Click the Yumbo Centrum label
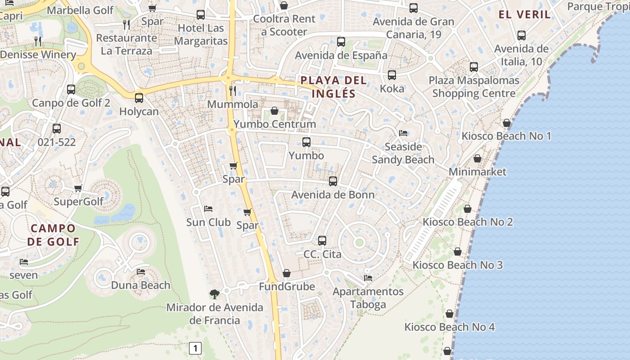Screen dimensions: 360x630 [x=274, y=124]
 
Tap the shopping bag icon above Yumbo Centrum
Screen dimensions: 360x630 [x=274, y=111]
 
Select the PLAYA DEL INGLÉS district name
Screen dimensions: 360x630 [x=333, y=87]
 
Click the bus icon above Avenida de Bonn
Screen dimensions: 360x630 [x=333, y=181]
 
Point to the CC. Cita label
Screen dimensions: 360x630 [x=322, y=254]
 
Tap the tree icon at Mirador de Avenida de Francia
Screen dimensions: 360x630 [x=215, y=294]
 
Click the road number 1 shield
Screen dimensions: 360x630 [x=195, y=348]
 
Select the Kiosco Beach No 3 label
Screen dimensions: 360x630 [x=458, y=265]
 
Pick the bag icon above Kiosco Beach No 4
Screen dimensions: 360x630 [x=450, y=314]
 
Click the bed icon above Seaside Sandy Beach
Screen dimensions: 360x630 [x=403, y=133]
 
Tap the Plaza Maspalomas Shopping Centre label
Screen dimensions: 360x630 [x=474, y=87]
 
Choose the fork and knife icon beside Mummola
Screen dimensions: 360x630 [x=233, y=90]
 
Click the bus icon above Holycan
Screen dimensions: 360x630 [x=139, y=98]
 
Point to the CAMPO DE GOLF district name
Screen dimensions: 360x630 [x=53, y=234]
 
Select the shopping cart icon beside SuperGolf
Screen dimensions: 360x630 [x=78, y=188]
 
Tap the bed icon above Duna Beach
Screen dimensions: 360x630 [x=141, y=272]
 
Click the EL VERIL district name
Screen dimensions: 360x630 [x=524, y=14]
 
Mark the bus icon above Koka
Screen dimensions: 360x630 [x=392, y=75]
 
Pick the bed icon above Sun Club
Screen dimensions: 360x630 [x=208, y=209]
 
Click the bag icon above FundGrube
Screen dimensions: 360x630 [x=287, y=273]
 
